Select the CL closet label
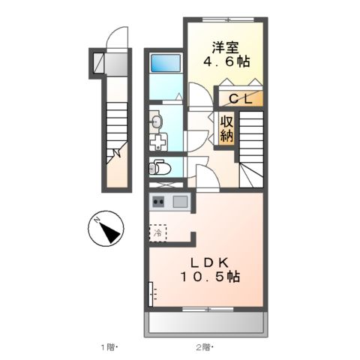pos(240,97)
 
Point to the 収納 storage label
pos(226,129)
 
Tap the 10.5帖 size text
pos(209,277)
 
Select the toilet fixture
pos(157,166)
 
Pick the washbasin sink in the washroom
pos(155,121)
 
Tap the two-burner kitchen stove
pos(158,201)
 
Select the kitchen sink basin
pos(180,201)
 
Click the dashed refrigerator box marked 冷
pos(158,233)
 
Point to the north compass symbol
pos(106,229)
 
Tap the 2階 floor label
pos(205,346)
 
